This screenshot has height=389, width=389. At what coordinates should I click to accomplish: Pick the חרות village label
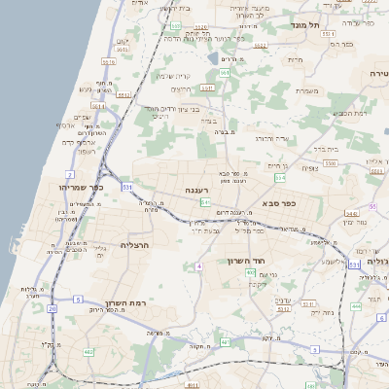coord(298,59)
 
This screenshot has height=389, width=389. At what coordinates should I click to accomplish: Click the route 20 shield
coord(53,308)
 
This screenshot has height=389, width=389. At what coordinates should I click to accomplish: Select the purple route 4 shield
coord(198,265)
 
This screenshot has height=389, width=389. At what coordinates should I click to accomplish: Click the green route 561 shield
coord(225,73)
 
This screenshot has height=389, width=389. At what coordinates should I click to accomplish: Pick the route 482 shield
coord(88,351)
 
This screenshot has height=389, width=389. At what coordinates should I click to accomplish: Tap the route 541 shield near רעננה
coord(205,201)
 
